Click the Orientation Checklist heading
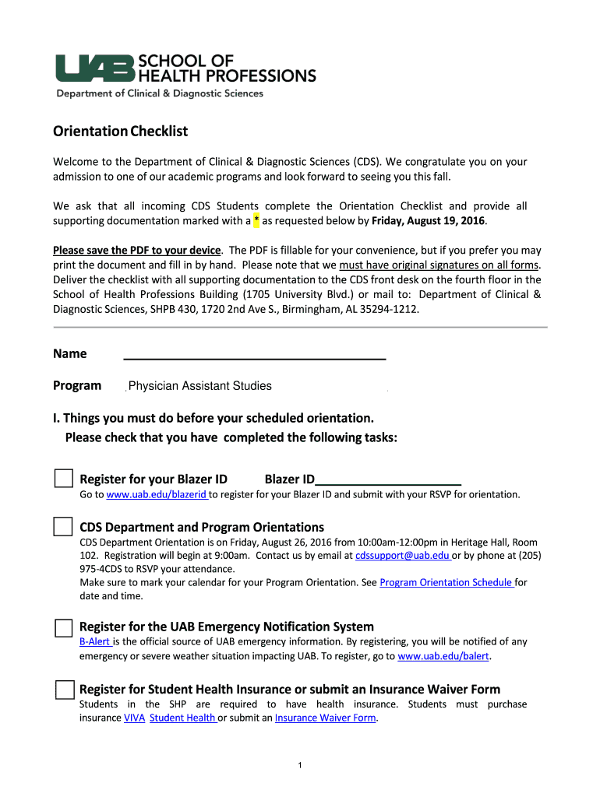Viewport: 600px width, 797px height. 120,132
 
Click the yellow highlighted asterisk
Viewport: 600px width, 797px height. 256,221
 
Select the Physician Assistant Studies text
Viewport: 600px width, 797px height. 200,386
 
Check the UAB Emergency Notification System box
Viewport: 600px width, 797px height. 64,627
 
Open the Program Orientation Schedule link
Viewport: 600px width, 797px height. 446,583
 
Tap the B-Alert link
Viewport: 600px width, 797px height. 95,642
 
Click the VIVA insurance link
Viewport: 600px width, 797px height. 134,718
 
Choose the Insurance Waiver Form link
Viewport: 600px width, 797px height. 325,718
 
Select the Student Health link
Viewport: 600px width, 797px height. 182,718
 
